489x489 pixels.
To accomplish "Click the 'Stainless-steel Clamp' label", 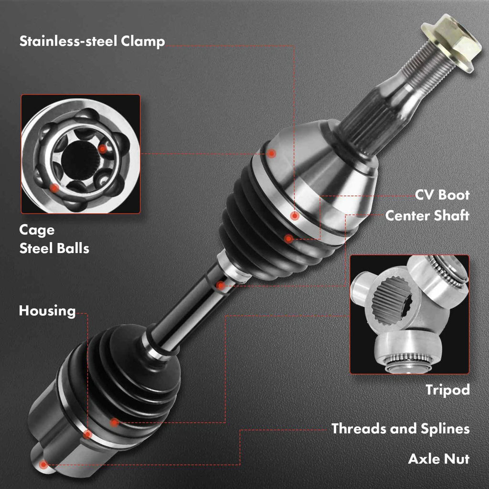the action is [x=92, y=42].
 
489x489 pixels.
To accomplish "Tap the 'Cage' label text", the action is [x=37, y=231].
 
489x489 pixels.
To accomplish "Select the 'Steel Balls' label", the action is [x=54, y=248].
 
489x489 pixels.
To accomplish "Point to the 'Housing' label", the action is [x=47, y=311].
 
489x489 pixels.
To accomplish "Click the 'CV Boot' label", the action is [x=442, y=195].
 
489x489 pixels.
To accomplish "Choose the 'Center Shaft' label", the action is [x=427, y=215].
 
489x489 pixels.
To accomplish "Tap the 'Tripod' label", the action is [x=447, y=390].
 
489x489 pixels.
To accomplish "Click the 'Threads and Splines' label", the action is [x=401, y=429].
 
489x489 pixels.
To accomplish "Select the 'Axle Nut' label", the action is [x=439, y=459].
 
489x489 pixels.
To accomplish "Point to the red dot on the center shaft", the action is [x=221, y=286].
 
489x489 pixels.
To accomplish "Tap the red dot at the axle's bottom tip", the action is [x=43, y=465].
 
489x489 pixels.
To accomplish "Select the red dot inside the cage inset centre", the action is [x=102, y=149].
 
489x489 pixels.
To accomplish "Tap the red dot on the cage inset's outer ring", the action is [x=54, y=188].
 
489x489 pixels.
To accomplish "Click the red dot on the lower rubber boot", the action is [x=115, y=423].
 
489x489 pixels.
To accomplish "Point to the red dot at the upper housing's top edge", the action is [x=272, y=153].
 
